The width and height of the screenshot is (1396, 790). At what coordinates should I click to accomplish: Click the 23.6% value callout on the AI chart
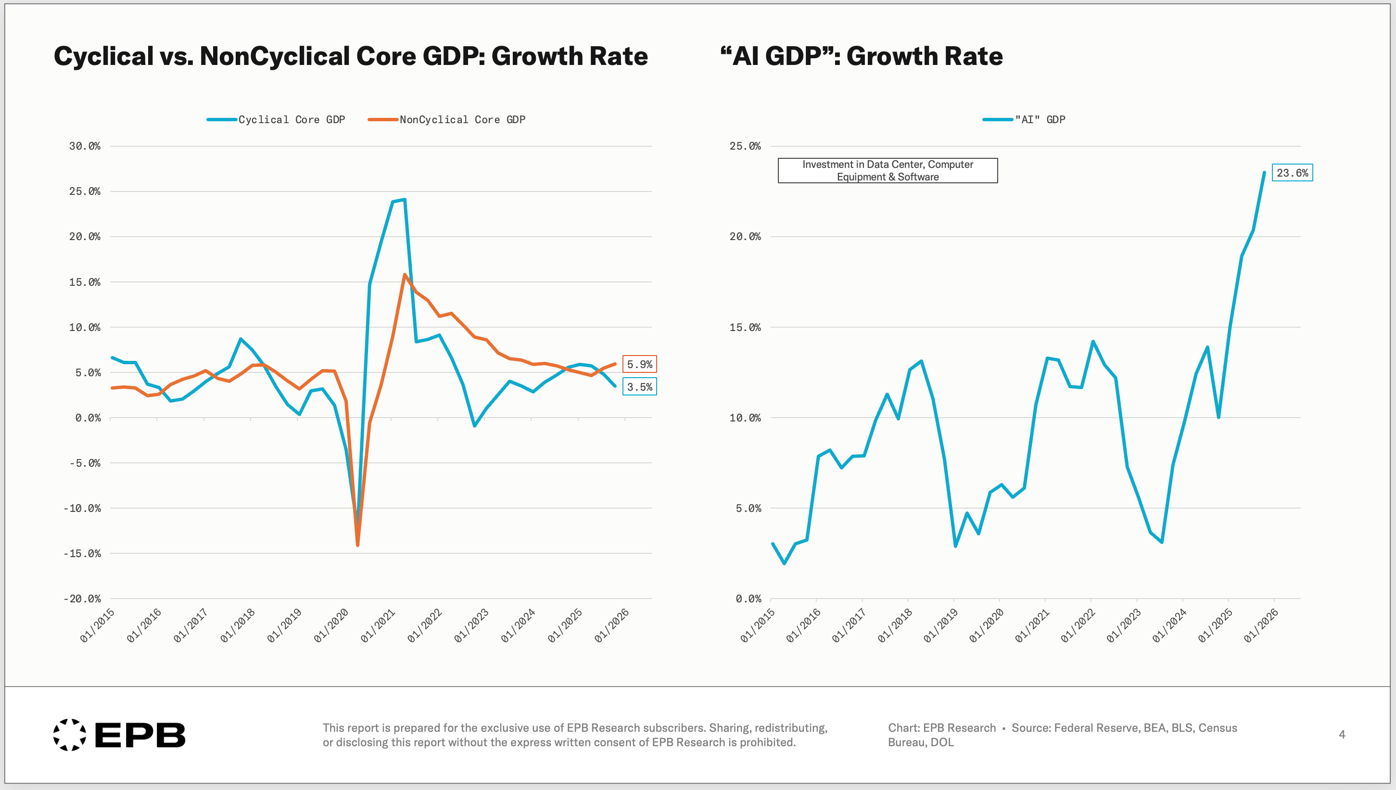pos(1292,173)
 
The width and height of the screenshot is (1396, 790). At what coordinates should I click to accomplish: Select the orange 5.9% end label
pos(639,364)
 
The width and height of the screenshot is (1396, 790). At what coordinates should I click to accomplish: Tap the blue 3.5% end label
pos(639,386)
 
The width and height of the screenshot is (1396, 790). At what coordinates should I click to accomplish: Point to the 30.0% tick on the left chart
pos(85,146)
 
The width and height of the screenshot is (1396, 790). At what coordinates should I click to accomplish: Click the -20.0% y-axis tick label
pos(82,599)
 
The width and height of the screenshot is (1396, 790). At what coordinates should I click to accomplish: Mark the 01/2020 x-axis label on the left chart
pos(331,625)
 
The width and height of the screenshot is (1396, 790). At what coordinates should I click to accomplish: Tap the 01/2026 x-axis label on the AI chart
pos(1261,625)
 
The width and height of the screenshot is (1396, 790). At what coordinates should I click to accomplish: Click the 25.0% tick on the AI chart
pos(745,146)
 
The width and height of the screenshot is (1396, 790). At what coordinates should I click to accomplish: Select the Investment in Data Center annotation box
pos(887,170)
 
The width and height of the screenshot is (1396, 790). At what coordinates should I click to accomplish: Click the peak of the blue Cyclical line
pos(405,200)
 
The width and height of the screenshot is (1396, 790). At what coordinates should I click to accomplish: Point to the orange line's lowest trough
pos(357,545)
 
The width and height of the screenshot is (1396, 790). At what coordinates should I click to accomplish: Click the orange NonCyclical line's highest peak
pos(405,275)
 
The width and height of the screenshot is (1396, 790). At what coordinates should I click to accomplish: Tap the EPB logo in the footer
pos(119,735)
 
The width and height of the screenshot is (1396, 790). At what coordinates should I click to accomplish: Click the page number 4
pos(1342,734)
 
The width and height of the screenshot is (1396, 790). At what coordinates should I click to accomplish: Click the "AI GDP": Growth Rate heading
pos(861,56)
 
